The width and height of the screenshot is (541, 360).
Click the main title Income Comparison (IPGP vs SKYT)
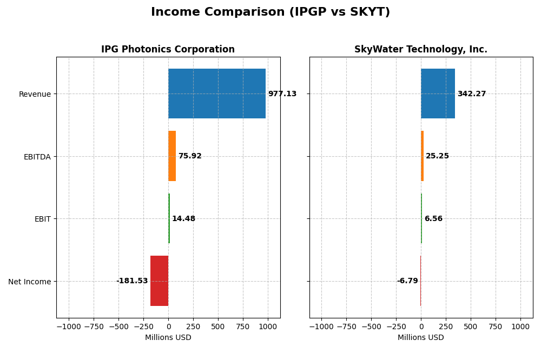270,12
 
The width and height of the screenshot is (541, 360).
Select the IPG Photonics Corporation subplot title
168,50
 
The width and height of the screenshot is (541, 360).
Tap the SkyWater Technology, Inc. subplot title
420,50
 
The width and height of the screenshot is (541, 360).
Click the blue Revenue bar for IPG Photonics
216,94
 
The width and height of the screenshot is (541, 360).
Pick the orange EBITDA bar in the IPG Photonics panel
172,156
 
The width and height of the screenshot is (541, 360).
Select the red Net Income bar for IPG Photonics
159,281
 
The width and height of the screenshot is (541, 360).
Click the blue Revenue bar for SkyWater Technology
438,94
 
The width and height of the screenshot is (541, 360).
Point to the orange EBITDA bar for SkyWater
423,156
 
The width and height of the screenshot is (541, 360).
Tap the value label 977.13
282,94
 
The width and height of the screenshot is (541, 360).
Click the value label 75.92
189,156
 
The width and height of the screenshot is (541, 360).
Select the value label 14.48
183,219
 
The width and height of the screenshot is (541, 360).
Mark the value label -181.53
132,281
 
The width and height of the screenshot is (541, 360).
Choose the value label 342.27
471,94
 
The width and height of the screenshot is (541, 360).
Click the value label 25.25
437,156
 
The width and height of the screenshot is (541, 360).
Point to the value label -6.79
407,281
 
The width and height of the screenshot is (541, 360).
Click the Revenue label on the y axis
35,94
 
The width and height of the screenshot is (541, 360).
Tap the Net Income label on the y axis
29,282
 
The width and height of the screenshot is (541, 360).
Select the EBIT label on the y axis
42,219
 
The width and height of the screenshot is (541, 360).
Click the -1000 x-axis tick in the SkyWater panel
321,327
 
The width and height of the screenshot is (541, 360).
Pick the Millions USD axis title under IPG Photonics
168,338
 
